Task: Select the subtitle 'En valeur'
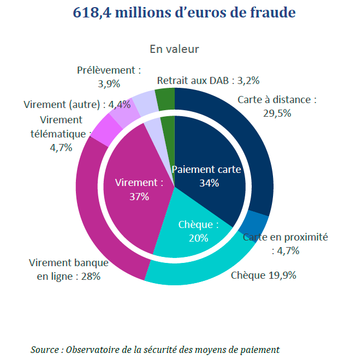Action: (174, 49)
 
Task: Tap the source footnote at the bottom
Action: (155, 349)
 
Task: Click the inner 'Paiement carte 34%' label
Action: (206, 176)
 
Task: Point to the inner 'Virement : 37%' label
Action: (139, 189)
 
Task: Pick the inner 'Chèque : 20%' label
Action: (198, 231)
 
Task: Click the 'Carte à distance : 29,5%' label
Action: (277, 106)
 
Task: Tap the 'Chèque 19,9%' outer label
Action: (263, 275)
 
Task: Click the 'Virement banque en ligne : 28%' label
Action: (69, 269)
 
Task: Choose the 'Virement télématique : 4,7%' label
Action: (61, 133)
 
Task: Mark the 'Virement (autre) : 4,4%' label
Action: (78, 104)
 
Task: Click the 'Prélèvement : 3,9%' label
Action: (109, 77)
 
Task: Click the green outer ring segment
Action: (165, 99)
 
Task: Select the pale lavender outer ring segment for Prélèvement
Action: (144, 102)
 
